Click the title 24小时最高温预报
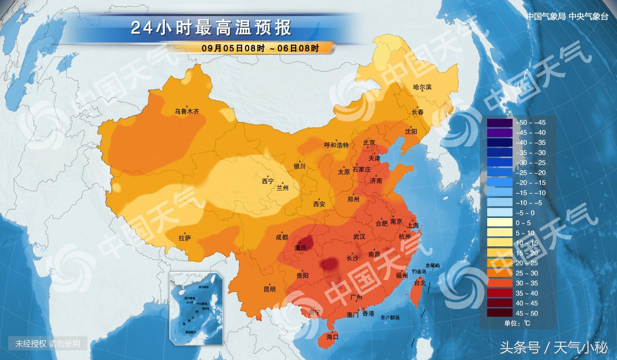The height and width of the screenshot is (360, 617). pyautogui.click(x=211, y=28)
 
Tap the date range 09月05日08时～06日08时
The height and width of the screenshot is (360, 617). pyautogui.click(x=260, y=48)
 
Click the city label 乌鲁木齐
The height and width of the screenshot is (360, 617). pyautogui.click(x=187, y=111)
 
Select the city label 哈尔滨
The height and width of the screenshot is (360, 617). pyautogui.click(x=422, y=87)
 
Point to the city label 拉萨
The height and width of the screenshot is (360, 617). pyautogui.click(x=185, y=238)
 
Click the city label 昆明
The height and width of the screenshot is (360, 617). pyautogui.click(x=269, y=289)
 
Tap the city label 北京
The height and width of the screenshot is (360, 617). pyautogui.click(x=369, y=143)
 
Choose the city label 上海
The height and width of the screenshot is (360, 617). pyautogui.click(x=413, y=225)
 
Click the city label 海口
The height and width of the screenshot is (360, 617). pyautogui.click(x=332, y=337)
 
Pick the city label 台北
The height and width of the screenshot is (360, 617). pyautogui.click(x=420, y=283)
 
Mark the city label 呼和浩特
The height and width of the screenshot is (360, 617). pyautogui.click(x=336, y=145)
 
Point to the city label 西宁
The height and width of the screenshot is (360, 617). pyautogui.click(x=268, y=181)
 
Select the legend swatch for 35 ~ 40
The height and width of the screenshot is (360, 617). pyautogui.click(x=500, y=293)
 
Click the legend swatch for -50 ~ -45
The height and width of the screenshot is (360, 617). pyautogui.click(x=500, y=122)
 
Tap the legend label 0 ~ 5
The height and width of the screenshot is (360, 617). pyautogui.click(x=523, y=223)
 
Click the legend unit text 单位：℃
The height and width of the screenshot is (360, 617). pyautogui.click(x=517, y=323)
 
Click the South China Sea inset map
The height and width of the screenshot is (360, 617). pyautogui.click(x=196, y=308)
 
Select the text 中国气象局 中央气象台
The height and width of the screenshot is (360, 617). pyautogui.click(x=567, y=16)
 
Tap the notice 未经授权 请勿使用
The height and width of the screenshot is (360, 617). pyautogui.click(x=48, y=343)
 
